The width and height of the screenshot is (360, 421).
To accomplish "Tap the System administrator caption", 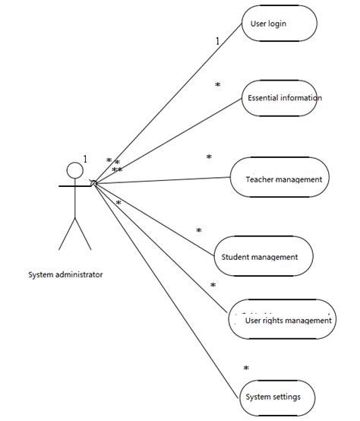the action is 65,274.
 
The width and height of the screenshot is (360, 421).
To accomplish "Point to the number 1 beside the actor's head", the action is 85,160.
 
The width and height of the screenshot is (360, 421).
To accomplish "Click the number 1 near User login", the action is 217,41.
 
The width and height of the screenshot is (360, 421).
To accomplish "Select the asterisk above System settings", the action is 246,368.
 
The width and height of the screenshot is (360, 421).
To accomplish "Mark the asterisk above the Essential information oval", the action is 217,84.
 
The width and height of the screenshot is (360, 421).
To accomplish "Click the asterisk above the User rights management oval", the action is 213,285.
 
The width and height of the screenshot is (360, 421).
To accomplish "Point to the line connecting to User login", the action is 168,103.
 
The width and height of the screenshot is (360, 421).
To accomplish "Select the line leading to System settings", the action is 166,291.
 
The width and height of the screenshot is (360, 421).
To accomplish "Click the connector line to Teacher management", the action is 163,180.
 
